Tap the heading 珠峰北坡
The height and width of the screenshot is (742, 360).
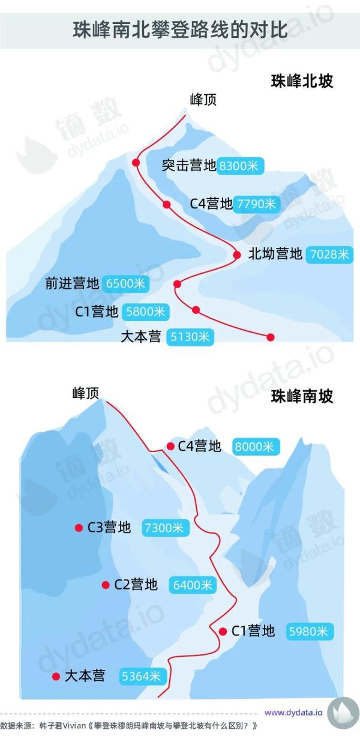(x=302, y=82)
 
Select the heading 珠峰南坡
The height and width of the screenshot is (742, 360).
(x=302, y=396)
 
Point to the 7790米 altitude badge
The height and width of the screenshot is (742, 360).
(x=256, y=204)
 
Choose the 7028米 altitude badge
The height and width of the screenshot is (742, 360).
(x=329, y=254)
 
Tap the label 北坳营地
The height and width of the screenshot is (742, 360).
(x=275, y=254)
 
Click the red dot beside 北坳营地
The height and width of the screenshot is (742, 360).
(x=237, y=255)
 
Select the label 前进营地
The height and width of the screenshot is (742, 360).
(x=72, y=283)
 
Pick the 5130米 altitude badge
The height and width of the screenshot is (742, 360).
(x=190, y=337)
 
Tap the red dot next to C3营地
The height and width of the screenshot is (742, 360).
(x=79, y=528)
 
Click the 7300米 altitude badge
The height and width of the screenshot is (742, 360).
(x=166, y=528)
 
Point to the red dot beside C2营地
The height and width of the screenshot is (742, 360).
(x=106, y=585)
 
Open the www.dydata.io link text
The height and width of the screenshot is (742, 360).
(x=293, y=713)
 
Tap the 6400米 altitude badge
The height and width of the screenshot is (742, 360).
(x=191, y=585)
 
